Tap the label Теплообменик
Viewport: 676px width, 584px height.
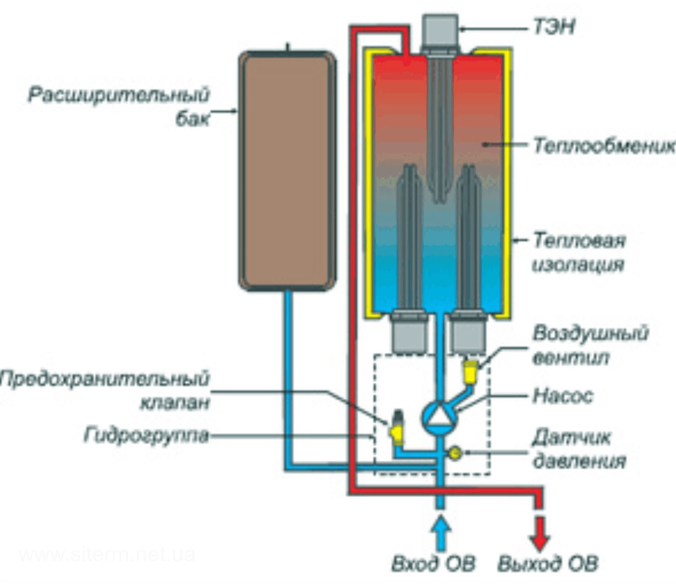click(604, 146)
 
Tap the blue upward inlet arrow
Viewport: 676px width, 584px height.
click(440, 534)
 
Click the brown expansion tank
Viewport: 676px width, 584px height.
click(287, 171)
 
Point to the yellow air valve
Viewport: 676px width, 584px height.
click(470, 372)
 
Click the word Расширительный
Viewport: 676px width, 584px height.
click(118, 95)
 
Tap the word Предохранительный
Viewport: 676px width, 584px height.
click(104, 379)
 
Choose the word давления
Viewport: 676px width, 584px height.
click(579, 461)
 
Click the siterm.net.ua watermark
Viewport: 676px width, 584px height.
click(107, 555)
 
